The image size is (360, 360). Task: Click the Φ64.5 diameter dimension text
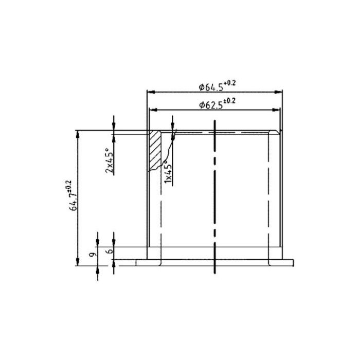click(211, 87)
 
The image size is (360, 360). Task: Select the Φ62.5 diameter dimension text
click(211, 105)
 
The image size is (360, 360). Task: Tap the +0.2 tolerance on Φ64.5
click(230, 83)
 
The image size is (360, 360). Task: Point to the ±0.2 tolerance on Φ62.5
click(230, 101)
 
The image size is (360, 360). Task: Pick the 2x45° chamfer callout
click(109, 159)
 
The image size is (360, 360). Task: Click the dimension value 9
click(93, 254)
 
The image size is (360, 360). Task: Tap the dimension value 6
click(111, 251)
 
